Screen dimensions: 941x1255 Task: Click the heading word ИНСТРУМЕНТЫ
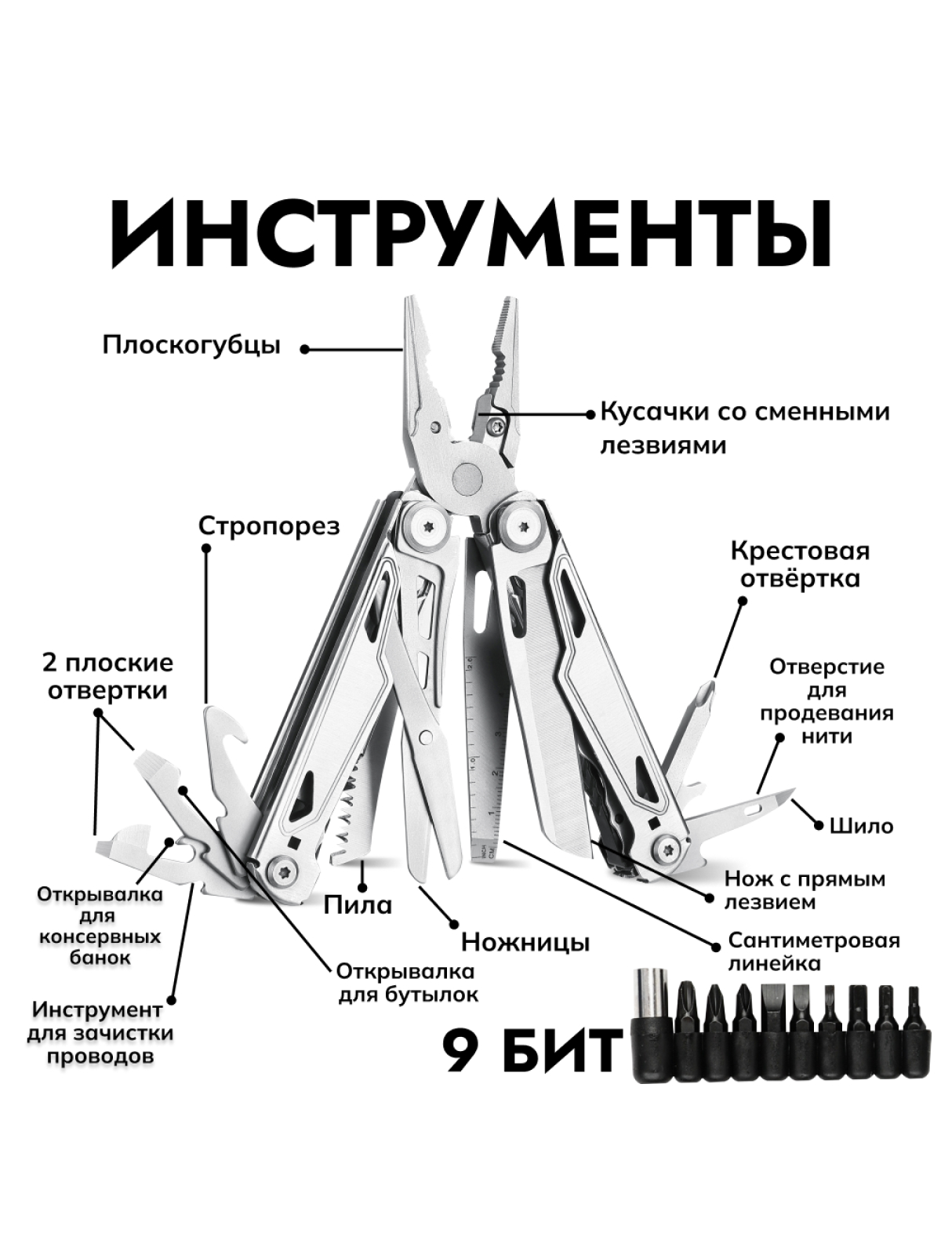pos(470,235)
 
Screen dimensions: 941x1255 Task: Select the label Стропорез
pos(269,526)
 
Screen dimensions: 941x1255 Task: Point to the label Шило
pos(862,826)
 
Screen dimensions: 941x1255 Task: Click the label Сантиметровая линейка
pos(814,952)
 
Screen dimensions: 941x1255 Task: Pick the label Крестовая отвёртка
pos(801,566)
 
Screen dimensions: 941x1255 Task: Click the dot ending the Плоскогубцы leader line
pos(305,349)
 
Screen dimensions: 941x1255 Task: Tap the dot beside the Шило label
pos(819,826)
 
